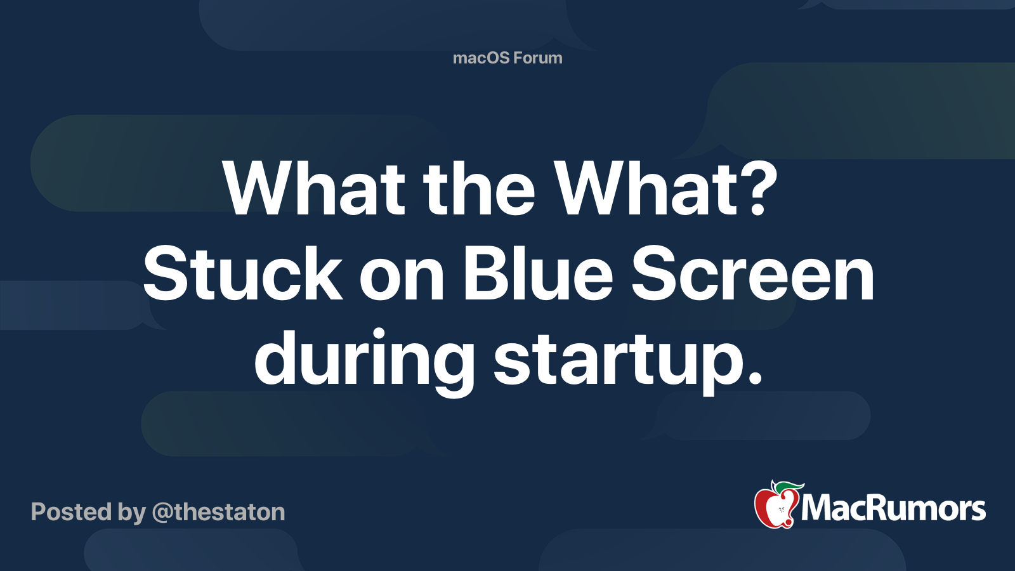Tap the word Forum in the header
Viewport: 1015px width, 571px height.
point(537,58)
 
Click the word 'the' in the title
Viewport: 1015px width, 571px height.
point(480,189)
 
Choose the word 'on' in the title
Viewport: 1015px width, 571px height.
point(402,279)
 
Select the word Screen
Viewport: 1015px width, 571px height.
point(752,275)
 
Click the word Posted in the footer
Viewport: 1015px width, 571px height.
point(71,512)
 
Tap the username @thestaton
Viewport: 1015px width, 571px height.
point(218,512)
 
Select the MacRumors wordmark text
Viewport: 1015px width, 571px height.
point(893,509)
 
